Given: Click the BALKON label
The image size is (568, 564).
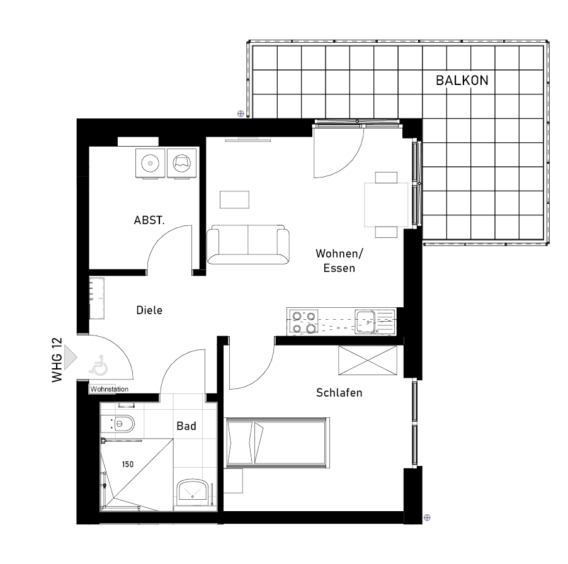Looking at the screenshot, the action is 462,81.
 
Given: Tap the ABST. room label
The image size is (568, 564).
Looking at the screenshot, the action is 149,220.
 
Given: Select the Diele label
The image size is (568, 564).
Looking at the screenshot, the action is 149,310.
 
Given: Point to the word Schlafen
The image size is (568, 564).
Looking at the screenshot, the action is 339,393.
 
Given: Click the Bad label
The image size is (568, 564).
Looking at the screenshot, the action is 186,426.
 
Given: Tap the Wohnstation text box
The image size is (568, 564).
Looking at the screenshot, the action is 109,389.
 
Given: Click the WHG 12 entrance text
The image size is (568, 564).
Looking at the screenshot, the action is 57,360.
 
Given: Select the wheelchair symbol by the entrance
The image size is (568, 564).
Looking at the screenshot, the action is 98,365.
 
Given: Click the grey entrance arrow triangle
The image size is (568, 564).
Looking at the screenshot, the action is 71,358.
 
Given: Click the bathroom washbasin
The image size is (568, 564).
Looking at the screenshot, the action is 192,493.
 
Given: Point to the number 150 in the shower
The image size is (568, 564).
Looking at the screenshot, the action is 127,465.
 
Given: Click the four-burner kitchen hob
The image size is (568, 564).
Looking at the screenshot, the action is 304,322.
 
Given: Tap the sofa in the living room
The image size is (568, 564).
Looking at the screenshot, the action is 248,244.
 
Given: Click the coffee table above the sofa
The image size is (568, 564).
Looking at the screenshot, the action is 234,200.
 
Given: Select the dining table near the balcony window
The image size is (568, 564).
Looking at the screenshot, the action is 386,205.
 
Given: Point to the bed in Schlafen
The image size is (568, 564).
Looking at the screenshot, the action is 276,443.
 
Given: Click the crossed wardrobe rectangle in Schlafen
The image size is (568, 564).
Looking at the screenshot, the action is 368,360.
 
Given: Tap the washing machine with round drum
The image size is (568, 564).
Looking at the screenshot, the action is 150,163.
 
